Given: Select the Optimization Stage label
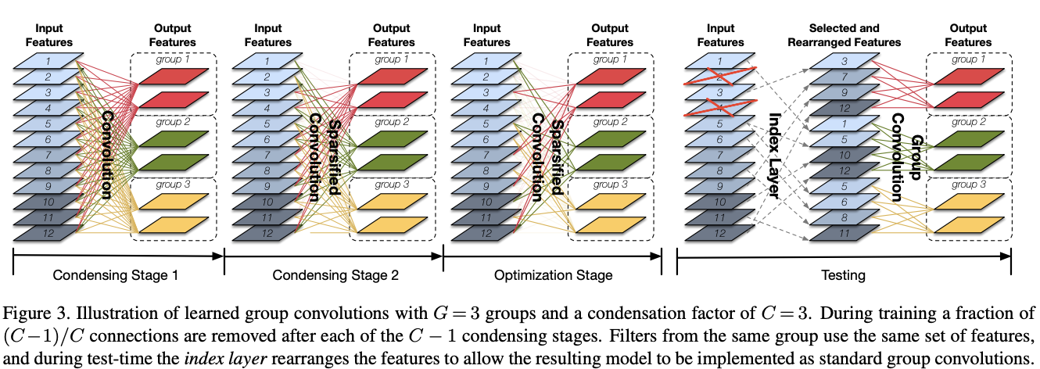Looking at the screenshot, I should click(553, 275).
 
